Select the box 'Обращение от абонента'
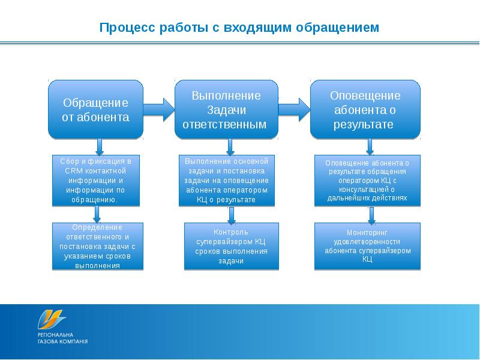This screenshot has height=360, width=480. pos(95,109)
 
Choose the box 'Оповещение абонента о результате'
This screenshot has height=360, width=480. pos(365,110)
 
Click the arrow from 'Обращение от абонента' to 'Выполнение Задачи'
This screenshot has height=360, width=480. pos(158,108)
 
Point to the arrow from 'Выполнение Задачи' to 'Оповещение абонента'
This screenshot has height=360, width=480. pos(294,108)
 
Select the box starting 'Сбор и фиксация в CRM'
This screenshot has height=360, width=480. pos(96,181)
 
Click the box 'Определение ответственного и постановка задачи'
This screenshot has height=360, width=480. pos(97,246)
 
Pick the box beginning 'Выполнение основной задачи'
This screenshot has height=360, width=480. pos(226,181)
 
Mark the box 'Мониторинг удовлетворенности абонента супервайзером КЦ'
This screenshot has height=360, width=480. pos(367,246)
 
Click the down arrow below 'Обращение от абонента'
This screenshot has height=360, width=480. pos(99,146)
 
